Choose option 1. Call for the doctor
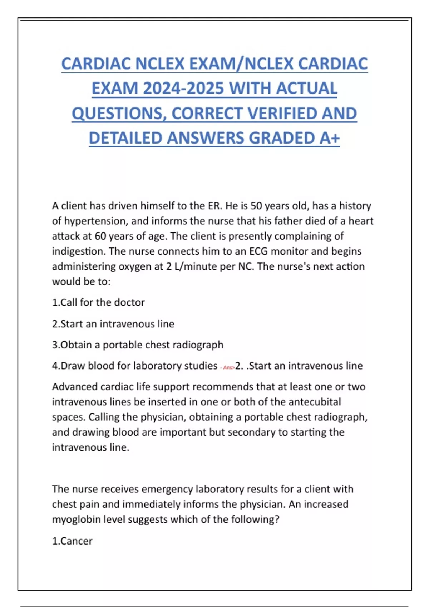[x=98, y=302]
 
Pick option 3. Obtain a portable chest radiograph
[x=138, y=345]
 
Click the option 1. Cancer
[x=72, y=541]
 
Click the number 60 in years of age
[x=100, y=236]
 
